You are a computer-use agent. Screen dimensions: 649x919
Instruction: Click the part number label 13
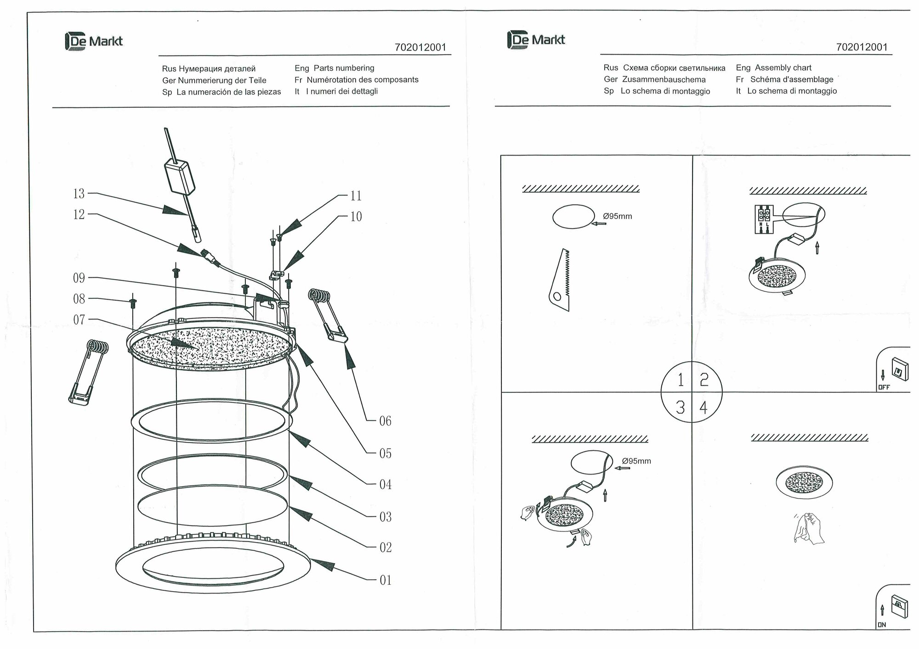79,194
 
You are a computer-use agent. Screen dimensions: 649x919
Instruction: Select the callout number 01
385,580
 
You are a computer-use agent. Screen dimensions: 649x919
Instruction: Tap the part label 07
79,319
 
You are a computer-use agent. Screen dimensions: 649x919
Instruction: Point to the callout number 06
385,421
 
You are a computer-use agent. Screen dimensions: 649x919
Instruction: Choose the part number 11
356,196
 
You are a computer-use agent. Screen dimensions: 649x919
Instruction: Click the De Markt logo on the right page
536,40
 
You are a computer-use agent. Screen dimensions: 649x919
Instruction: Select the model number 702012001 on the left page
420,48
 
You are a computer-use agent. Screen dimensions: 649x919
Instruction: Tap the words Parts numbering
344,68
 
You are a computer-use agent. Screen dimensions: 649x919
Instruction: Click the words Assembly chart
783,67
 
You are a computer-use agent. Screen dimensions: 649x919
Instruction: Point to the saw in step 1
561,280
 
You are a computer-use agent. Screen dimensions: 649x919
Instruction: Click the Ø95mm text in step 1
618,216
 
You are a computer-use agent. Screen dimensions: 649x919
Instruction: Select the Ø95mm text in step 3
636,461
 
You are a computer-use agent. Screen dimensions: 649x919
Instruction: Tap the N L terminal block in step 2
764,219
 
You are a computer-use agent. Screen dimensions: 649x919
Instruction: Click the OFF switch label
884,387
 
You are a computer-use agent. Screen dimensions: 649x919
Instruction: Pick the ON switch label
881,625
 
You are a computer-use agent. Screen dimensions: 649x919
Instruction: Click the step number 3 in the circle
681,407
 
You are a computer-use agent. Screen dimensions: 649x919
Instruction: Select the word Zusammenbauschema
664,79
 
